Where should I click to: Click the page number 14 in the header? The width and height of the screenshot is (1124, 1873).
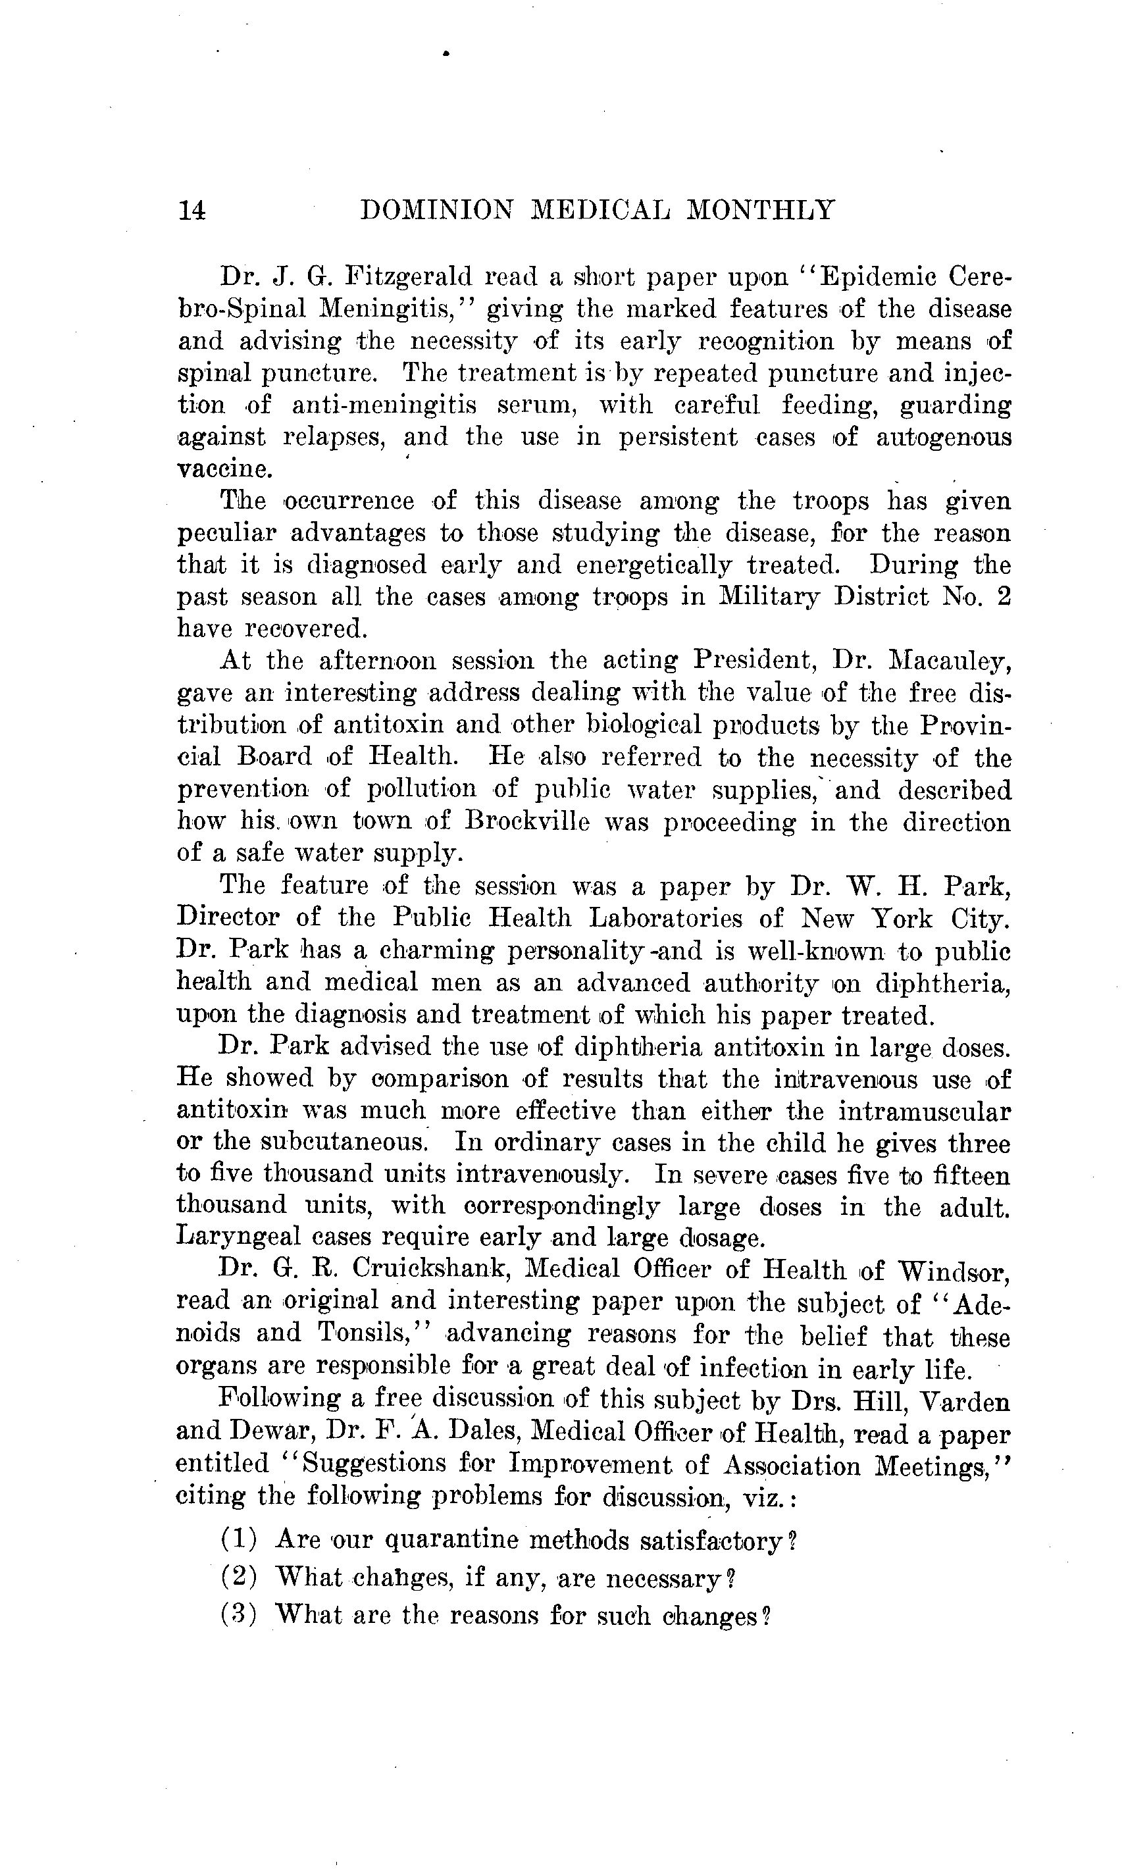192,210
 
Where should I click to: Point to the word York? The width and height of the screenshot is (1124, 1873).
903,919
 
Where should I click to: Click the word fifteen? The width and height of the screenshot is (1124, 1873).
963,1176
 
